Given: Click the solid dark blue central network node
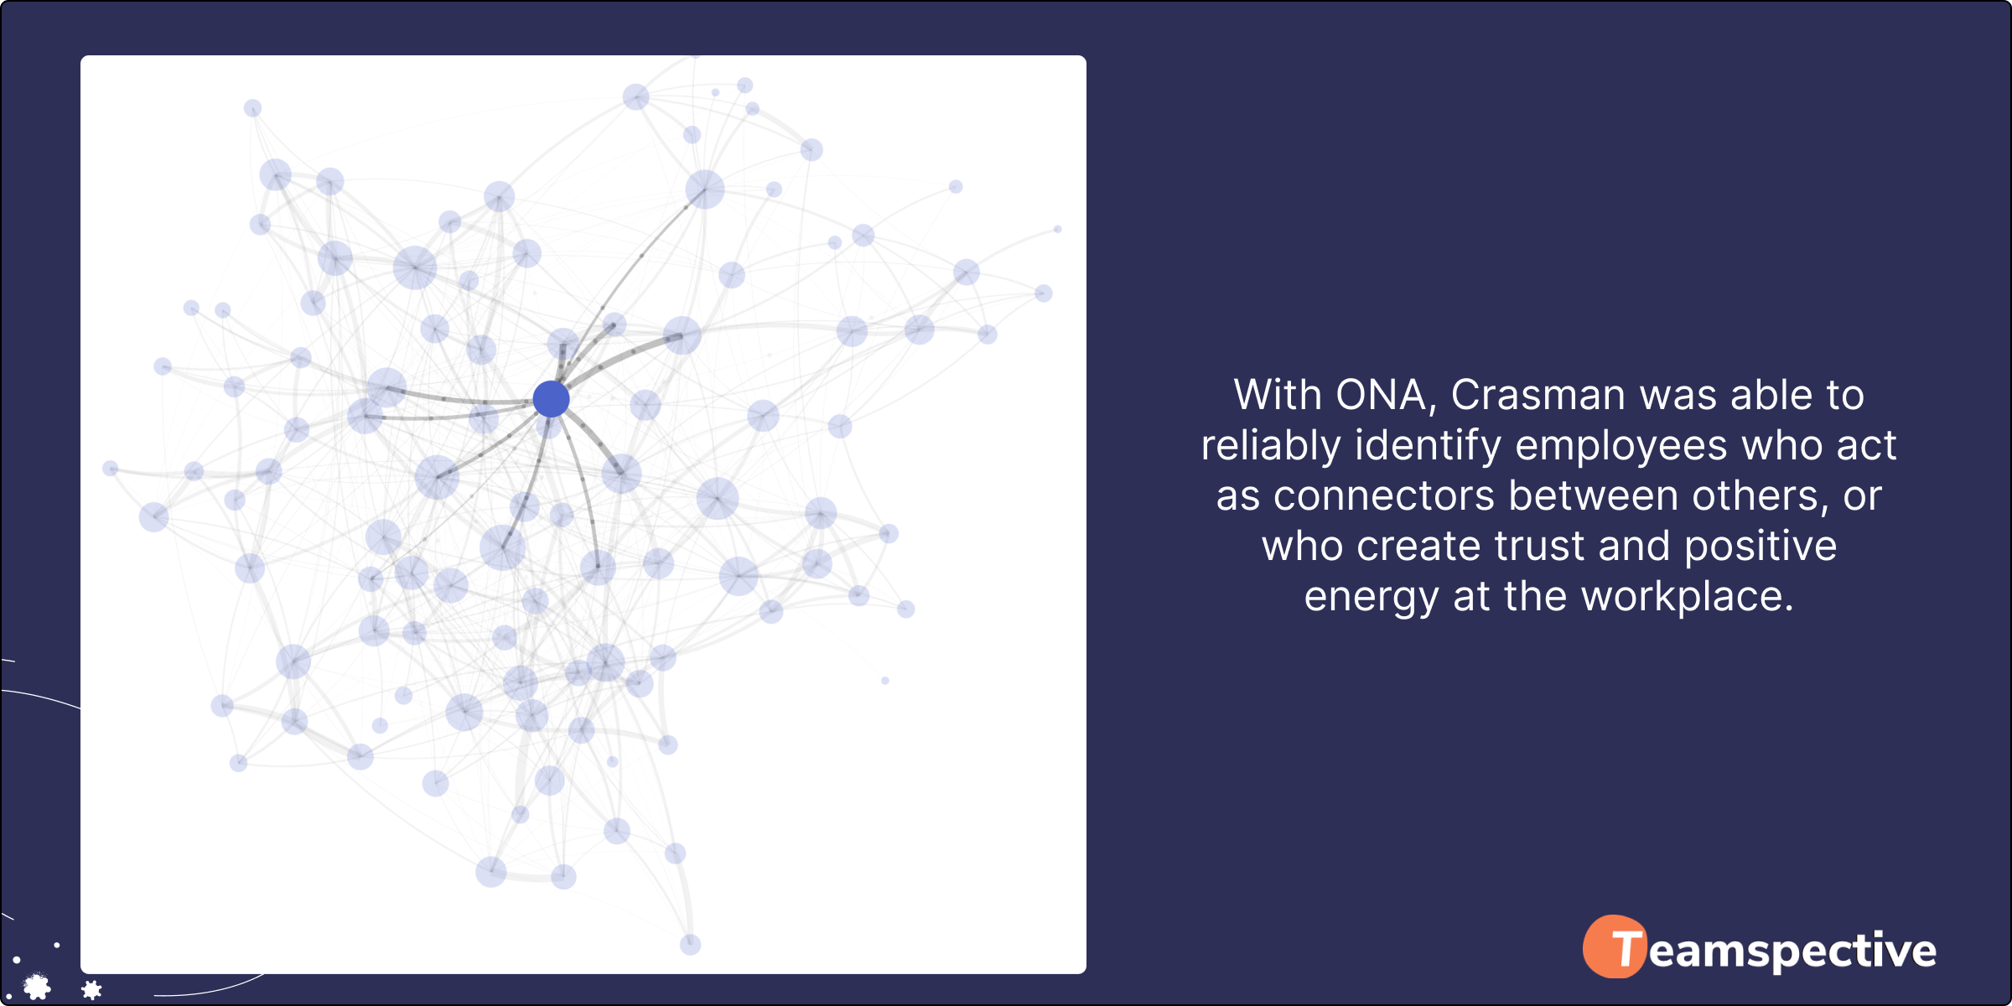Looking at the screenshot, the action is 551,398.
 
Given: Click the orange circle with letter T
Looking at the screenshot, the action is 1615,946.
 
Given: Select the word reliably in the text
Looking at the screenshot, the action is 1271,445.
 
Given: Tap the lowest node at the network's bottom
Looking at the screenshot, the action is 690,945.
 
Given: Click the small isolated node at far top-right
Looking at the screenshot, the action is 1058,229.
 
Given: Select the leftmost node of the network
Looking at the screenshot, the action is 110,468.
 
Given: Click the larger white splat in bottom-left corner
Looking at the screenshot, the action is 37,987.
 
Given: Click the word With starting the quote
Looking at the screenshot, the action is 1278,395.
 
